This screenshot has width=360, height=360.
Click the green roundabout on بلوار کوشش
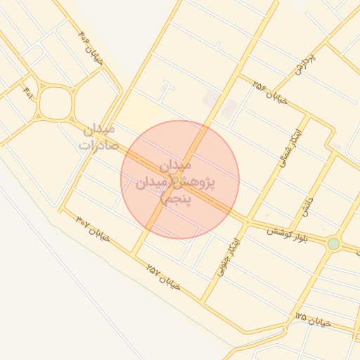333,243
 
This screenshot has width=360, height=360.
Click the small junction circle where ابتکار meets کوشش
247,221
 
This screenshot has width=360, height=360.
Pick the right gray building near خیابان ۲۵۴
229,108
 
